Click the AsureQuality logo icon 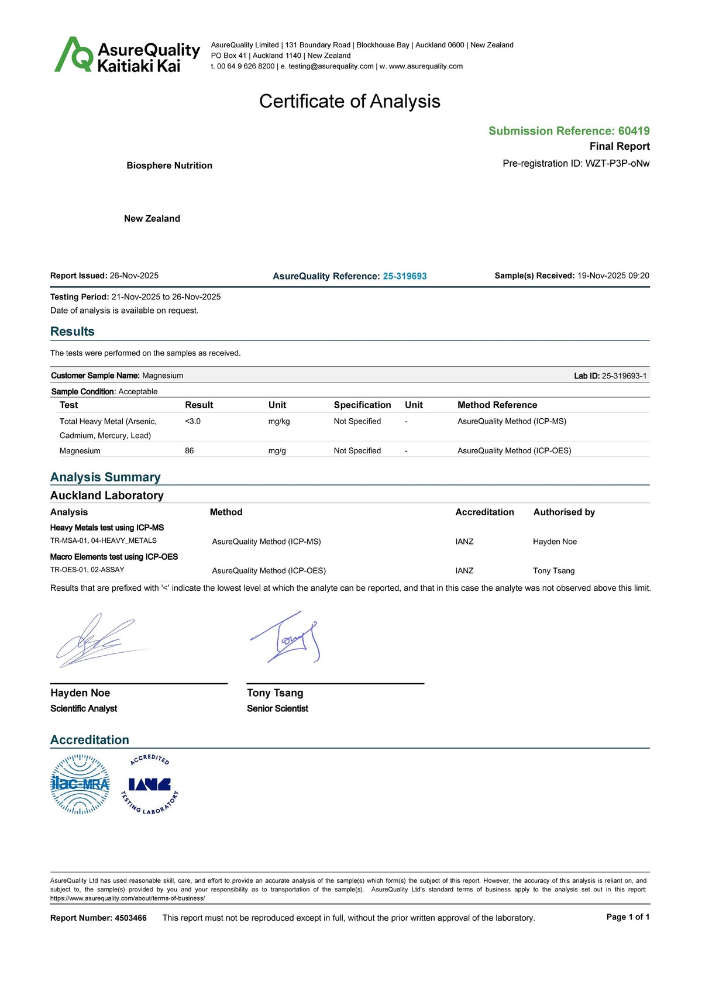pos(74,55)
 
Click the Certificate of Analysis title pos(349,101)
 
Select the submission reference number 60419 pos(634,131)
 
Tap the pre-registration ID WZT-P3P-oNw pos(617,163)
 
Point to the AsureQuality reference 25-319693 pos(405,276)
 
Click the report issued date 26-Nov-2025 pos(134,275)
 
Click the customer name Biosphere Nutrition pos(169,166)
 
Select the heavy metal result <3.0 pos(192,421)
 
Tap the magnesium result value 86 pos(189,451)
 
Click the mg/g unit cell pos(277,451)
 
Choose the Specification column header pos(362,405)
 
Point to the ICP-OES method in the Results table pos(514,451)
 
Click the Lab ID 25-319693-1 pos(624,376)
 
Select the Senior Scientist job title pos(277,708)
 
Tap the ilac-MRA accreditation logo pos(80,784)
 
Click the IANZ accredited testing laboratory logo pos(149,785)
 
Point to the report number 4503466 pos(130,918)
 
